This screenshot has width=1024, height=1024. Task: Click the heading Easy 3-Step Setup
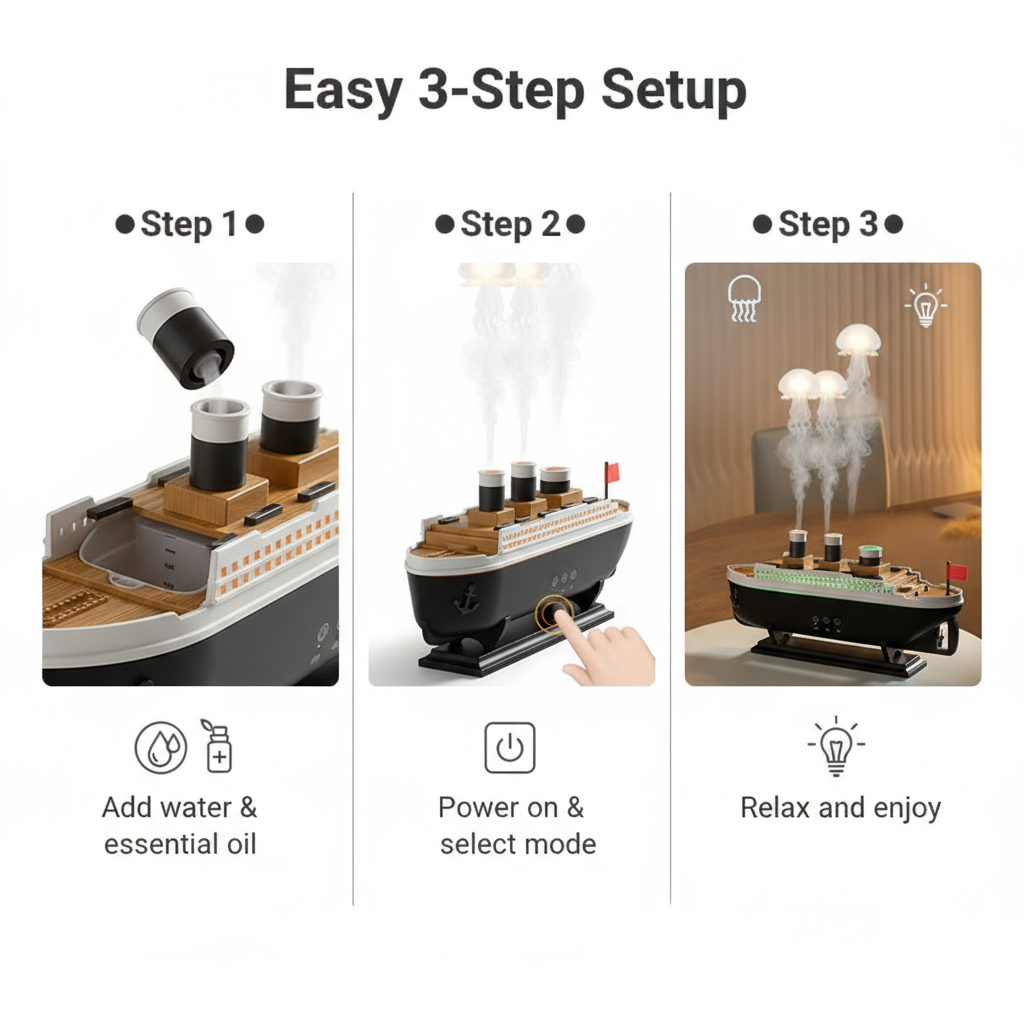click(515, 91)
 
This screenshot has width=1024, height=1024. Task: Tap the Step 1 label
click(190, 224)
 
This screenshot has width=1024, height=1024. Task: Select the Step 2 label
click(510, 224)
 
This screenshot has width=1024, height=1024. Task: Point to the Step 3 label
click(827, 224)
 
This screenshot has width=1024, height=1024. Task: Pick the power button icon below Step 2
click(510, 748)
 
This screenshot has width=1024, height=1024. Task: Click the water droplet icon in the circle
click(160, 748)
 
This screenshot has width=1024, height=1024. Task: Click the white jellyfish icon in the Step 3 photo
click(745, 297)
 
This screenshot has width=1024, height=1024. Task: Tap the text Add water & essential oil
click(180, 825)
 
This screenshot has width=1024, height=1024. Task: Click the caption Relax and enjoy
click(840, 808)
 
